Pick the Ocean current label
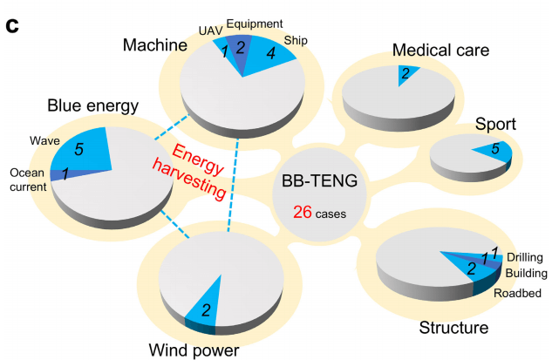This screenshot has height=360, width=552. [25, 179]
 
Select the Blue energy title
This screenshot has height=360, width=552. [93, 106]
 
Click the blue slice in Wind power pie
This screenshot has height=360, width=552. [205, 305]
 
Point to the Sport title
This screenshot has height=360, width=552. [495, 125]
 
